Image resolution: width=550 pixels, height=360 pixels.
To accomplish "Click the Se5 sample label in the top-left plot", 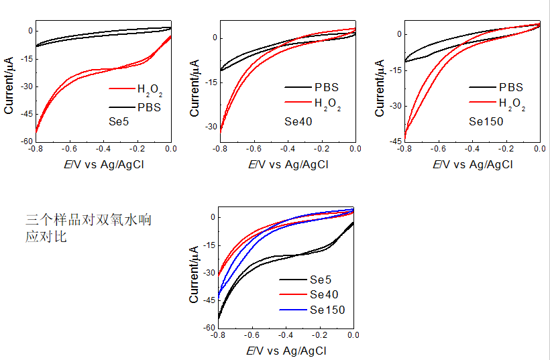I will pos(119,123).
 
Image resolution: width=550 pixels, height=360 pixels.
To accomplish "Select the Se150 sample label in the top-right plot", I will pos(486,122).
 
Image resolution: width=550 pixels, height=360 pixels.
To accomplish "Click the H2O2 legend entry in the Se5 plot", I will pos(149,88).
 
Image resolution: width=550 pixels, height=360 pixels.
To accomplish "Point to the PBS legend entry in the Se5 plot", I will pos(149,107).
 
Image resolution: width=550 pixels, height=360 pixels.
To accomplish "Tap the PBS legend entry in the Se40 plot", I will pos(326,87).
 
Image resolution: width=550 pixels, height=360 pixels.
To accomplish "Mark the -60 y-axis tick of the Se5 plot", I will pos(26,141).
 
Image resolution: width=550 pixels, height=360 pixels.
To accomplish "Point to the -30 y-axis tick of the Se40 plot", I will pos(211,127).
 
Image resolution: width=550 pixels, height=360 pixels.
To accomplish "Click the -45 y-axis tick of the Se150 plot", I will pos(396,141).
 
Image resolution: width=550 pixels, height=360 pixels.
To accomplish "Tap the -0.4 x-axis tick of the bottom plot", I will pos(286,335).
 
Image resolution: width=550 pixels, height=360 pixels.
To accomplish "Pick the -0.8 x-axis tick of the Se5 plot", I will pos(36,149).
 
